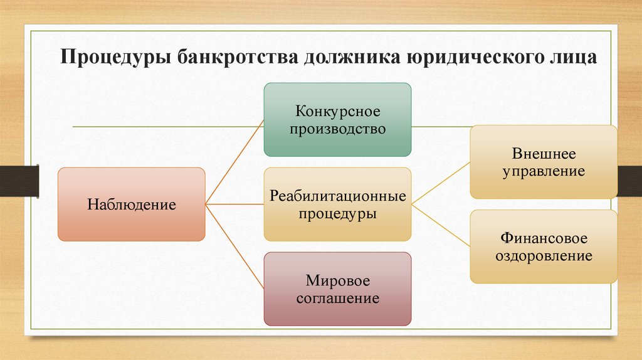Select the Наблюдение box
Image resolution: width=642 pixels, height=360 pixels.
click(x=132, y=204)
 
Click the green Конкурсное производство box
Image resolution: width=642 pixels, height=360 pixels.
click(x=337, y=120)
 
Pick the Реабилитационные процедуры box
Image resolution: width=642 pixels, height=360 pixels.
click(x=337, y=204)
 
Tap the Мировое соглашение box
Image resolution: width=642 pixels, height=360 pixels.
click(x=337, y=289)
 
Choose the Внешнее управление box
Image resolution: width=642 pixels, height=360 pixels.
click(x=544, y=162)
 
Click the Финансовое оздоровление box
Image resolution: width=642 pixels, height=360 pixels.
click(x=544, y=246)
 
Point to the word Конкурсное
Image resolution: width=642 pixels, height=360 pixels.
click(x=338, y=112)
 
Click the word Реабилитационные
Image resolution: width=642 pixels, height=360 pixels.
click(x=338, y=196)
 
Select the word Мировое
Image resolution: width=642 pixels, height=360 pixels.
click(x=338, y=280)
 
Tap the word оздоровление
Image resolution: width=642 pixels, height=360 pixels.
click(x=544, y=256)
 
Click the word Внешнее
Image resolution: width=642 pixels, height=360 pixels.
click(x=544, y=153)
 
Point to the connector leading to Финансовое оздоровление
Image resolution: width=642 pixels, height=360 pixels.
click(x=441, y=225)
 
